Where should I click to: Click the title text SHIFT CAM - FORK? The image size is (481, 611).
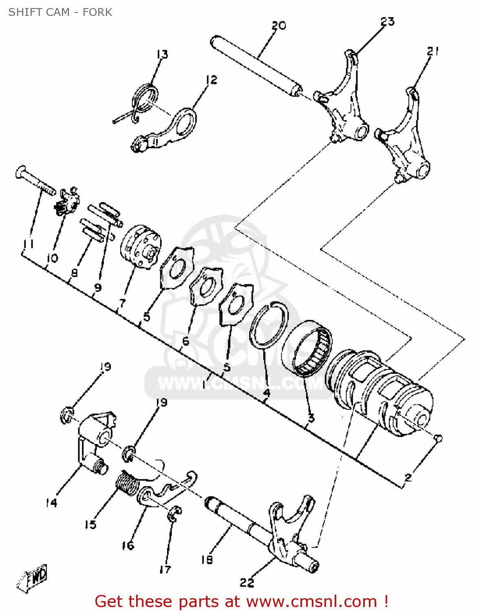point(60,12)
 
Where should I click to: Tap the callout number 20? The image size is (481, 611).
point(279,26)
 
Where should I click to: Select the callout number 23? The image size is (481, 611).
point(388,22)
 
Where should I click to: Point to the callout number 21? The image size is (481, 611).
point(433,51)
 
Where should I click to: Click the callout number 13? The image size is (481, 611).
point(162,54)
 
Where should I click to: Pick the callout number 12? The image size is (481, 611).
point(212,80)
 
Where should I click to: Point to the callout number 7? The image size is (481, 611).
point(122,303)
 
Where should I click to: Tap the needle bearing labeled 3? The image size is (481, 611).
point(307,348)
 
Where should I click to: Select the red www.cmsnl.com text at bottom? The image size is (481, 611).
point(311,601)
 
